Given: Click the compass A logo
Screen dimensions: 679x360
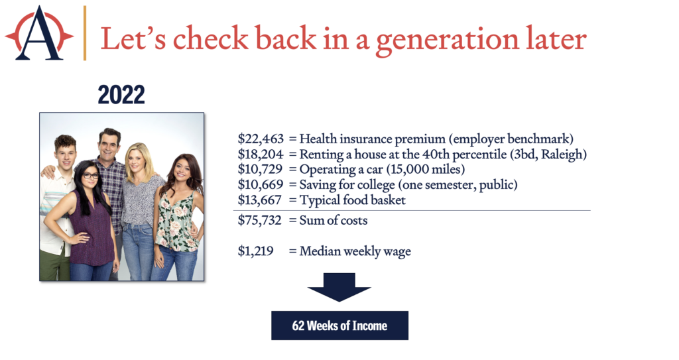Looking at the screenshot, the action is (39, 33).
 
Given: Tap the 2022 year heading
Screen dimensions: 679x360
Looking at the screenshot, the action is (121, 94).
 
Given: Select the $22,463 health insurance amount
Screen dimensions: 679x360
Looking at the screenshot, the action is (261, 139).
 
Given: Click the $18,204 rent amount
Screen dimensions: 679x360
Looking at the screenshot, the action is (261, 154).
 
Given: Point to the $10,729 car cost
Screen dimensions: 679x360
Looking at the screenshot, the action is (260, 169).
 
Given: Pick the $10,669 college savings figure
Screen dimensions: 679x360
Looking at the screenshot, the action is (261, 185).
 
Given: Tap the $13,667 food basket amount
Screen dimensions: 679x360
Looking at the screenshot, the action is (260, 200).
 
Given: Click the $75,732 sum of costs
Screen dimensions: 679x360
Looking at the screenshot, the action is (260, 220).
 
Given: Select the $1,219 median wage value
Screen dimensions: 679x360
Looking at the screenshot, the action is (255, 251).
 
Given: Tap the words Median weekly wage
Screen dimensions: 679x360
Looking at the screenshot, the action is (355, 252).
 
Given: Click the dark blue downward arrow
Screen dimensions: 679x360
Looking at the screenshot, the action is (339, 287).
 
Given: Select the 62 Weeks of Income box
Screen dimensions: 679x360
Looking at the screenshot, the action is (340, 326).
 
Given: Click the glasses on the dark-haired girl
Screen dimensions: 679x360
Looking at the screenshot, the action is (90, 176).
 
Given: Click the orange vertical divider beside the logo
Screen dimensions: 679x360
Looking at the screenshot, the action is (85, 33).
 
